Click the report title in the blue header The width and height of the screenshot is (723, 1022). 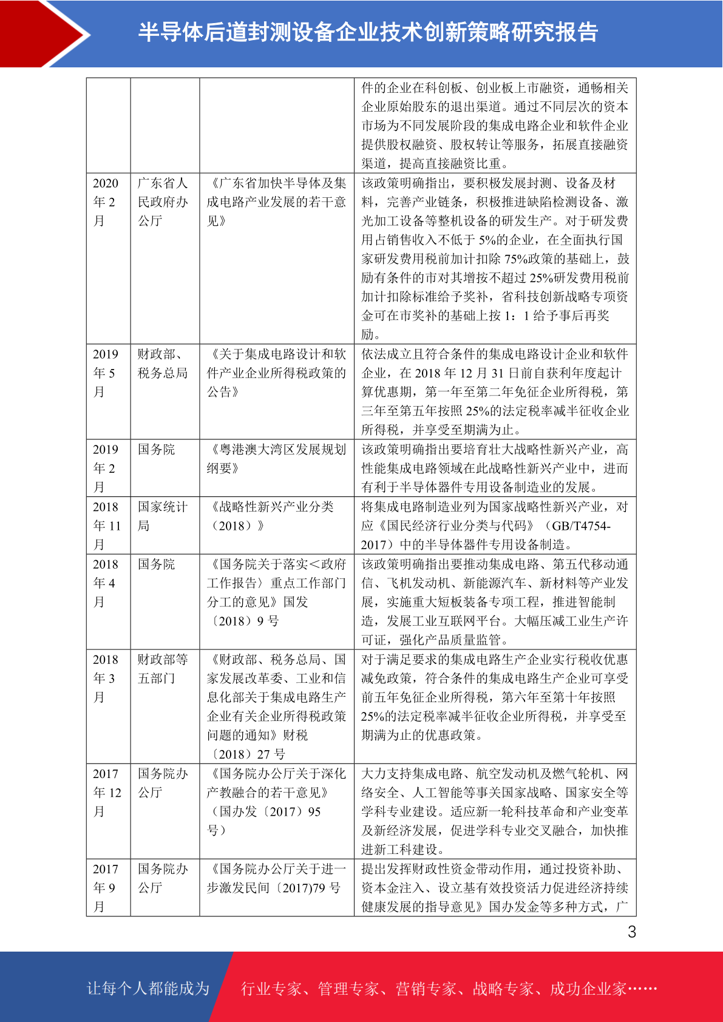(x=368, y=32)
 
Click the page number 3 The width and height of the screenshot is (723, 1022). (x=632, y=932)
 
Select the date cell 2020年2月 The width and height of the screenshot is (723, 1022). (x=106, y=202)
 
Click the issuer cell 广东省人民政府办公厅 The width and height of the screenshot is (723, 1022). (x=163, y=202)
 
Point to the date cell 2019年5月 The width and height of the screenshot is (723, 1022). (x=106, y=373)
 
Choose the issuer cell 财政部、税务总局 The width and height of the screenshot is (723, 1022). (x=163, y=364)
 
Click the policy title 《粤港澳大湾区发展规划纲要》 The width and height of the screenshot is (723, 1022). (x=276, y=459)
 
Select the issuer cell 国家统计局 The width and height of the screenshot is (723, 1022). (x=163, y=516)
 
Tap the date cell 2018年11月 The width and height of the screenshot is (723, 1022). (x=107, y=526)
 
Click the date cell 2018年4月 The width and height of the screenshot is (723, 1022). (x=106, y=583)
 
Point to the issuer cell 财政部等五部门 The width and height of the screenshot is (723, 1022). (x=163, y=669)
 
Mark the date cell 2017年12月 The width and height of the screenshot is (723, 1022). (x=107, y=793)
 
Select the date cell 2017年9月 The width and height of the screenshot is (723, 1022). (x=106, y=888)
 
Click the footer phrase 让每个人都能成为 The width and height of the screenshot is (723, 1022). (x=148, y=989)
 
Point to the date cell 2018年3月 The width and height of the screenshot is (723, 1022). (x=106, y=679)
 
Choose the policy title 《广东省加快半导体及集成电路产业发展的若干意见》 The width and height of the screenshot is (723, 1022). (x=276, y=202)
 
